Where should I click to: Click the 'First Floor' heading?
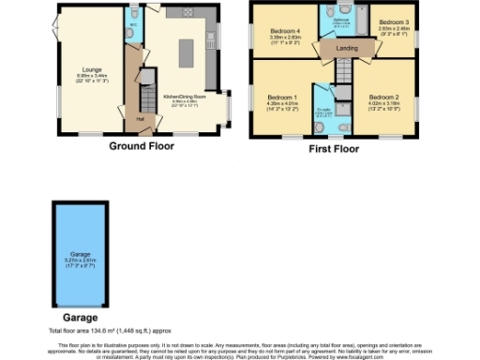tap(336, 147)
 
